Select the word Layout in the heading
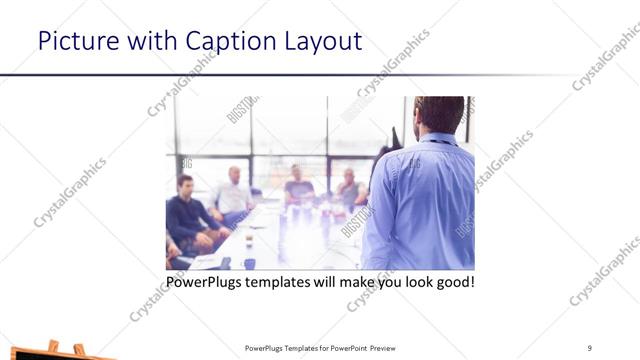pyautogui.click(x=324, y=41)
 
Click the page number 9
pyautogui.click(x=589, y=347)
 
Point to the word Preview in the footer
pyautogui.click(x=389, y=347)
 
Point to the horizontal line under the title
pyautogui.click(x=300, y=76)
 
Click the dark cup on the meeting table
pyautogui.click(x=249, y=263)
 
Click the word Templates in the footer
pyautogui.click(x=304, y=347)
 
